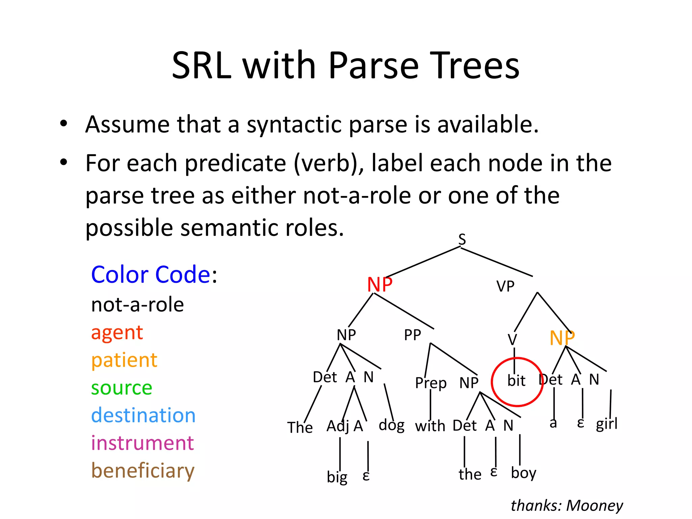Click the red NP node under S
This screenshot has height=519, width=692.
pyautogui.click(x=379, y=285)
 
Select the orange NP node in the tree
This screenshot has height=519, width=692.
pyautogui.click(x=562, y=338)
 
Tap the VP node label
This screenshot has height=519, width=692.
pyautogui.click(x=505, y=287)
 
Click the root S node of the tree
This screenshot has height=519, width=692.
pyautogui.click(x=462, y=239)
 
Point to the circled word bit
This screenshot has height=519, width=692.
pyautogui.click(x=516, y=381)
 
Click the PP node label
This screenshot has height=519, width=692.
pyautogui.click(x=412, y=335)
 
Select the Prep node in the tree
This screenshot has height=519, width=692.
pyautogui.click(x=430, y=383)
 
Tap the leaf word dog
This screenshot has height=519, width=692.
pyautogui.click(x=391, y=425)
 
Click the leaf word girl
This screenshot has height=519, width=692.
pyautogui.click(x=607, y=424)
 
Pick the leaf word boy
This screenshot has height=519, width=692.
pyautogui.click(x=523, y=473)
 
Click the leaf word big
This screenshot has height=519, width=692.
pyautogui.click(x=337, y=477)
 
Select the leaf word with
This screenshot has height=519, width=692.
pyautogui.click(x=430, y=426)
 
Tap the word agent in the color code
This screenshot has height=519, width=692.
pyautogui.click(x=117, y=333)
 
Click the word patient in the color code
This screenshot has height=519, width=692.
pyautogui.click(x=124, y=360)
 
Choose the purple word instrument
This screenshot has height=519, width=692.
pyautogui.click(x=142, y=443)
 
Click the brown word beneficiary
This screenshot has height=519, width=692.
pyautogui.click(x=143, y=471)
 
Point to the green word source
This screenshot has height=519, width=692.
pyautogui.click(x=122, y=388)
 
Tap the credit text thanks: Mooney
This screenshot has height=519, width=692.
pyautogui.click(x=567, y=505)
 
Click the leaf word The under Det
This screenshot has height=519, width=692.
pyautogui.click(x=300, y=427)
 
